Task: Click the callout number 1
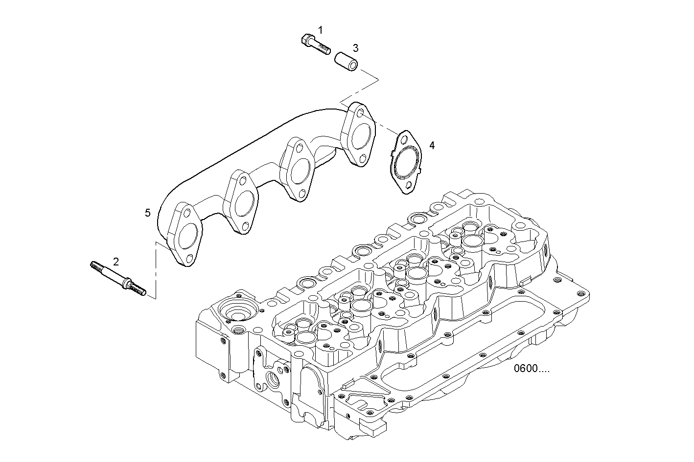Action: click(x=321, y=30)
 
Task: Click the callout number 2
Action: click(x=116, y=262)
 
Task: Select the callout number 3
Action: click(x=356, y=48)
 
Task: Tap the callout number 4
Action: click(x=432, y=145)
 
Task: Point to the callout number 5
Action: click(x=148, y=213)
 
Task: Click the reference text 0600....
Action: click(x=532, y=369)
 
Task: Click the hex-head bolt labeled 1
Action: click(x=316, y=44)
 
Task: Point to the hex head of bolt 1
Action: click(x=307, y=40)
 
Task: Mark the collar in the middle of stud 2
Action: click(x=128, y=283)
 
